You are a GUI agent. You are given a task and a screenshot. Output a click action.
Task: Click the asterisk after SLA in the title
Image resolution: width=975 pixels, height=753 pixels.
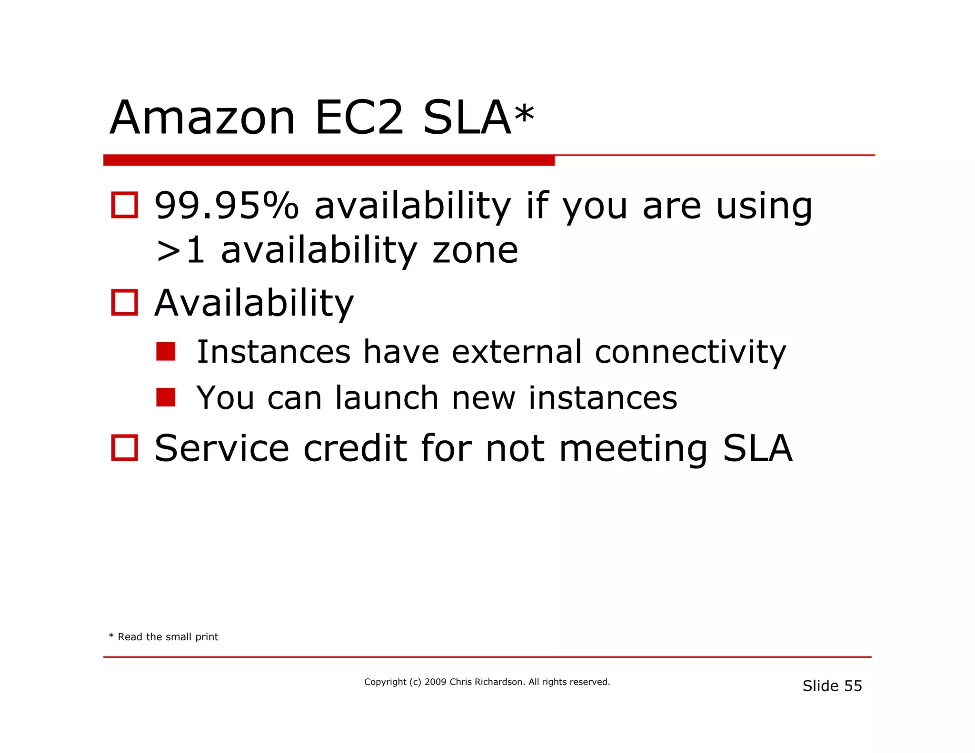point(524,114)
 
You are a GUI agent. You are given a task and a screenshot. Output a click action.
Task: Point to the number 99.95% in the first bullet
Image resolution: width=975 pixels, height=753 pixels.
point(227,206)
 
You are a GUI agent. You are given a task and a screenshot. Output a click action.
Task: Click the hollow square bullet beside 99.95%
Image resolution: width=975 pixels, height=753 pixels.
point(124,205)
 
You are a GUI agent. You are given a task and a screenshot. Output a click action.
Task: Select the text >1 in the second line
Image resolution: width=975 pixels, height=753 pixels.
point(180,250)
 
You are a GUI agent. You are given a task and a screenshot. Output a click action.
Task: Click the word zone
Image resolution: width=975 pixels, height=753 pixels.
point(475,250)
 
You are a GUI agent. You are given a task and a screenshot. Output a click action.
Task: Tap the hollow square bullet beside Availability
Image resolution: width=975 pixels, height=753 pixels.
point(124,303)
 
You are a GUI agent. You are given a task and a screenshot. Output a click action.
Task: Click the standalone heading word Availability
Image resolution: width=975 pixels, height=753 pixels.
point(254,303)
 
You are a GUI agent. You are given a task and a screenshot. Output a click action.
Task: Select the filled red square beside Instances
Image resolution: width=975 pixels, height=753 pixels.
point(165,352)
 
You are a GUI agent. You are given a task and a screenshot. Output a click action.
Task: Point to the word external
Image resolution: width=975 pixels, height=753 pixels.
point(517,352)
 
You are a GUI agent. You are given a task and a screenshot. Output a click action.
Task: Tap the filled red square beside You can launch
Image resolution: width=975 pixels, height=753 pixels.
point(165,397)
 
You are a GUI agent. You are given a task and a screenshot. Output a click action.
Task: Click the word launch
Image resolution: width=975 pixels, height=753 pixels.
point(386,398)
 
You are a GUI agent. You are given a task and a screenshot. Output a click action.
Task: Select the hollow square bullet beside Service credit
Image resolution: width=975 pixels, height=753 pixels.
point(124,447)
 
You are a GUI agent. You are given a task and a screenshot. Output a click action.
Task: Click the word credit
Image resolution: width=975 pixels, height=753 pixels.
point(355,448)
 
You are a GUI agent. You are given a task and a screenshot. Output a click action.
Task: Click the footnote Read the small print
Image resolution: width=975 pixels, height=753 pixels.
point(168,637)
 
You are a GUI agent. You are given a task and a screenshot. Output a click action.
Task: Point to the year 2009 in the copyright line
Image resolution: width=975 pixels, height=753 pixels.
point(435,682)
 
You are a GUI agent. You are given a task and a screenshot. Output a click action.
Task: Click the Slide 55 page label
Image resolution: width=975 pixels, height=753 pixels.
point(832,686)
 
